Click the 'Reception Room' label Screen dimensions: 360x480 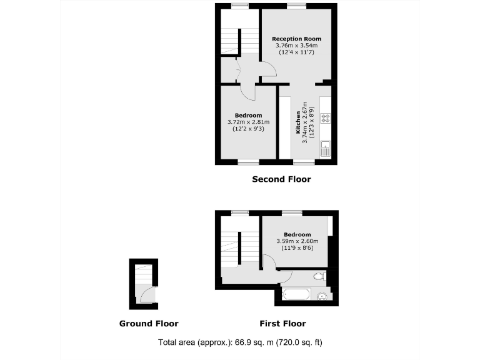[296, 39]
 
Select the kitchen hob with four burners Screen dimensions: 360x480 [325, 118]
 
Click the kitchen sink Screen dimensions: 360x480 [325, 149]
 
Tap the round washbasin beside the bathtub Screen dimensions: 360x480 [322, 296]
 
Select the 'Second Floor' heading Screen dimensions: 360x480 [281, 179]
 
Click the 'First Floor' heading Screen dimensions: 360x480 [282, 324]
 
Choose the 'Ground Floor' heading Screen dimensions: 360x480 [149, 324]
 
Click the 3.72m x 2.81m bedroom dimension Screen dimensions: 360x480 [248, 122]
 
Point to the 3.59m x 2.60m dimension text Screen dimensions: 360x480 [297, 241]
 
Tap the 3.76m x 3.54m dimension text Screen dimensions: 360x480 [296, 46]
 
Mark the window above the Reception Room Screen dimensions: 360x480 [296, 6]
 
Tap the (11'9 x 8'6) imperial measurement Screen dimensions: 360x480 [297, 248]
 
